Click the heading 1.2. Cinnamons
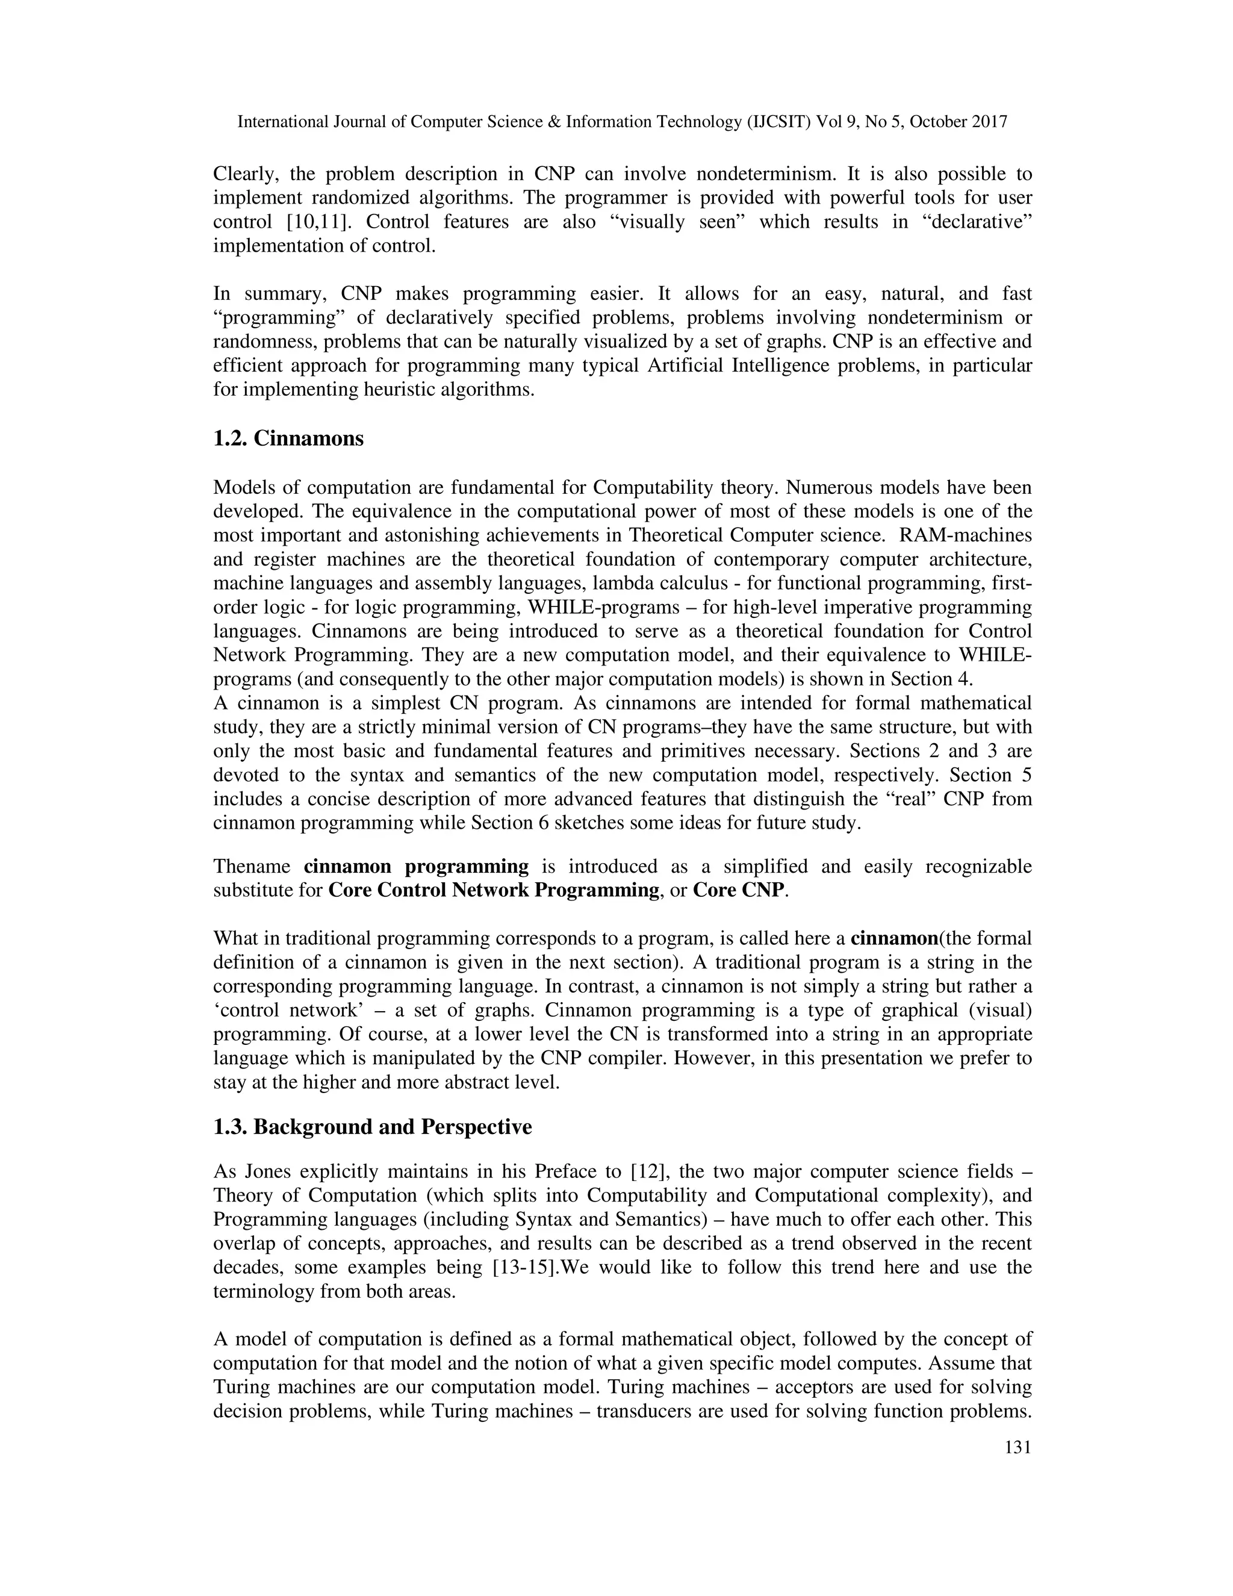288,439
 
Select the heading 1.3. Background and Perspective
372,1127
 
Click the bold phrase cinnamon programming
415,867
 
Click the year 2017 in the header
989,122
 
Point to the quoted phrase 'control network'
281,1011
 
